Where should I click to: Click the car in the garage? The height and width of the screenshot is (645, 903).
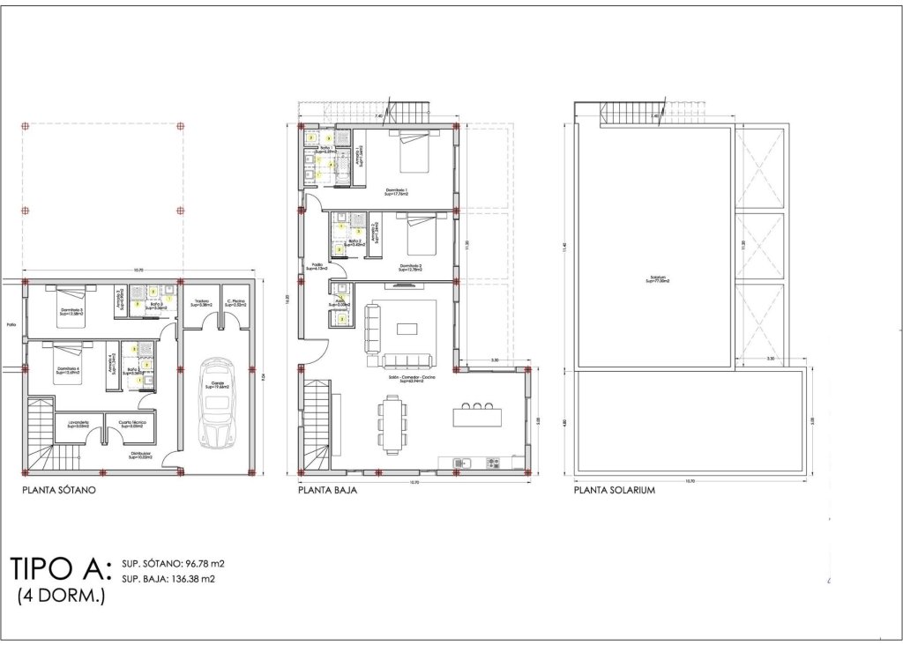[216, 402]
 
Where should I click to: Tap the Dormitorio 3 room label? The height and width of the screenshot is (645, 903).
[72, 311]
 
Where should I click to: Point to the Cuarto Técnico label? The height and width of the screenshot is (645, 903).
[132, 425]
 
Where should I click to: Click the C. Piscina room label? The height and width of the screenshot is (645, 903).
[235, 302]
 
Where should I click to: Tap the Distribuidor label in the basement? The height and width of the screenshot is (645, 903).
[140, 456]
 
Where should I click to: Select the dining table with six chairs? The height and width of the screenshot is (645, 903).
[392, 421]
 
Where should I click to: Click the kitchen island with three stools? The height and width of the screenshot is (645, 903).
[477, 416]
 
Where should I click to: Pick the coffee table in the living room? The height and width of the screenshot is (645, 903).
[407, 329]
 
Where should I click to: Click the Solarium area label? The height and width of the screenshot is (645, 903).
[655, 280]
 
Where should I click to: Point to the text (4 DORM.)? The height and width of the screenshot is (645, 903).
[62, 597]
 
